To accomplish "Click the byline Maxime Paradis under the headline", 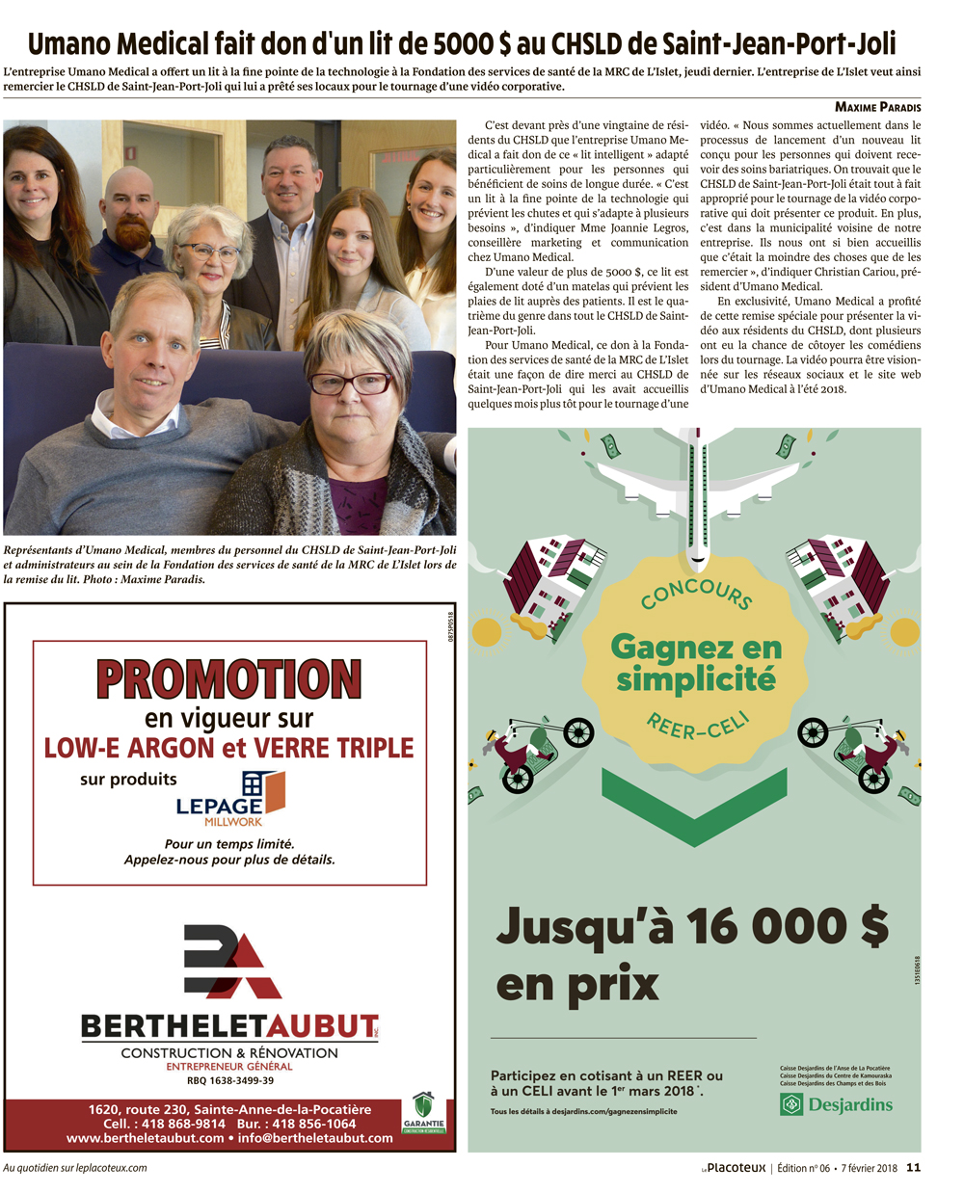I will pyautogui.click(x=877, y=107).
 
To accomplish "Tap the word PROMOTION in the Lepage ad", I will pyautogui.click(x=228, y=680).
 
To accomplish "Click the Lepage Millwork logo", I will pyautogui.click(x=231, y=799).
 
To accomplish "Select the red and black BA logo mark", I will pyautogui.click(x=231, y=962).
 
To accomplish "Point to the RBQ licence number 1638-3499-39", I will pyautogui.click(x=230, y=1080).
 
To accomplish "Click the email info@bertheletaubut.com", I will pyautogui.click(x=315, y=1138).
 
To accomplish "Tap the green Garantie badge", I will pyautogui.click(x=423, y=1112).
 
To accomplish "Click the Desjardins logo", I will pyautogui.click(x=836, y=1104).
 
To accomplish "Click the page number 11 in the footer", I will pyautogui.click(x=913, y=1168).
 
